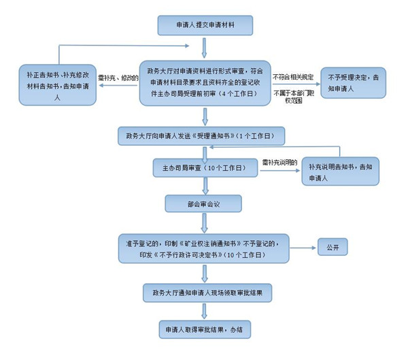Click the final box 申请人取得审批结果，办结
(205, 329)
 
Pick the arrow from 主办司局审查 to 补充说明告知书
(279, 170)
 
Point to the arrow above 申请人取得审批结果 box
(204, 311)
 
